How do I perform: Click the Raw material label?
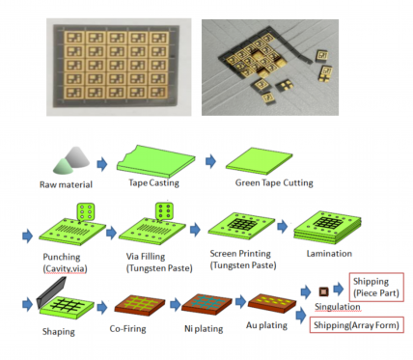tap(66, 184)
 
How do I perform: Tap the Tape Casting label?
tap(153, 183)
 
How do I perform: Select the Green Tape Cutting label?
tap(274, 182)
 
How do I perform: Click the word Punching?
tap(62, 257)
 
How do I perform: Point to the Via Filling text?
tap(146, 257)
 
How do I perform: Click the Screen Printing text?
tap(240, 254)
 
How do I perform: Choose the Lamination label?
tap(329, 254)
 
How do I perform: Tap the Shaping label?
tap(59, 332)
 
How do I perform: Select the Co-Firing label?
tap(127, 329)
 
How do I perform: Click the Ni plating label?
tap(204, 329)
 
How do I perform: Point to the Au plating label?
tap(266, 325)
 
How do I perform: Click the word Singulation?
tap(338, 307)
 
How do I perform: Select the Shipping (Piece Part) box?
tap(376, 288)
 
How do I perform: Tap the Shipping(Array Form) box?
tap(356, 325)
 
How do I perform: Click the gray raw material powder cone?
tap(77, 157)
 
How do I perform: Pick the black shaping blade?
tap(51, 292)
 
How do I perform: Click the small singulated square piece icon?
tap(323, 291)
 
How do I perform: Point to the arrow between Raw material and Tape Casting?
tap(102, 164)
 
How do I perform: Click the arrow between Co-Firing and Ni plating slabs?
tap(176, 304)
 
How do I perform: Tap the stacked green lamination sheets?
tap(327, 228)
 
